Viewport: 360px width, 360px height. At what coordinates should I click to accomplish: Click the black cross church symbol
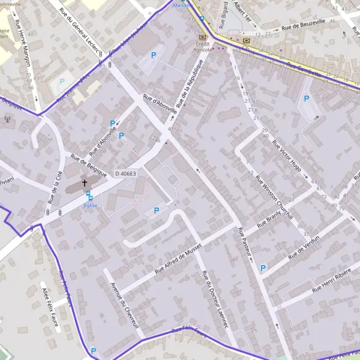[85, 182]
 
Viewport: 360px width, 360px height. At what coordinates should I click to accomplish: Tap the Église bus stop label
[91, 205]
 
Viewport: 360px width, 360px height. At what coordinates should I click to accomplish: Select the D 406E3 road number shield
[125, 173]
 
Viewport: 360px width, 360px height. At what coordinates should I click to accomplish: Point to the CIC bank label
[246, 41]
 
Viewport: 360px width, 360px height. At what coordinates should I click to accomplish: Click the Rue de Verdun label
[304, 247]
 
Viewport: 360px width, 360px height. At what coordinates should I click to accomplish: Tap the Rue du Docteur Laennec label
[215, 300]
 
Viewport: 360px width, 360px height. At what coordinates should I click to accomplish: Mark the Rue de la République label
[197, 85]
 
